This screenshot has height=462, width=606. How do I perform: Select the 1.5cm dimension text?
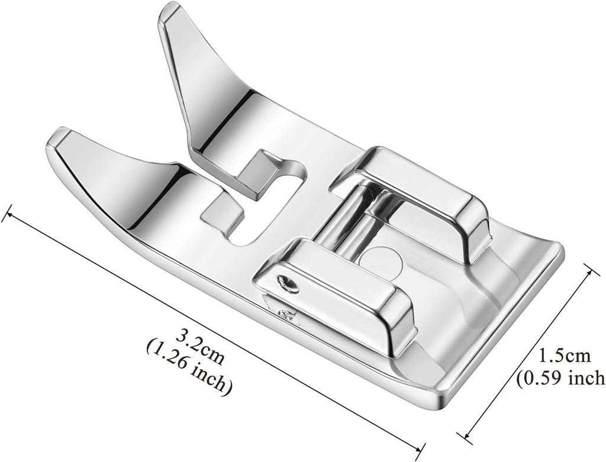[564, 356]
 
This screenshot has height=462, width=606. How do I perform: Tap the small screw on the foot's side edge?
[288, 314]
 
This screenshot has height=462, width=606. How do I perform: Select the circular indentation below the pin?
[383, 260]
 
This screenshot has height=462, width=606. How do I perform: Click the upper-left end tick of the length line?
[7, 214]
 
